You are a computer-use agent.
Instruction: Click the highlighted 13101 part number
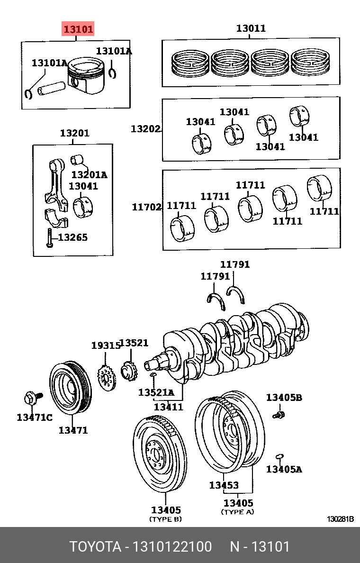79,29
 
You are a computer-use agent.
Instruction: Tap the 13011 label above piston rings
251,28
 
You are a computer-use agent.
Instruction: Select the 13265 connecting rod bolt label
72,237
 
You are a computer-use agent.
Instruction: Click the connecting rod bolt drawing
49,237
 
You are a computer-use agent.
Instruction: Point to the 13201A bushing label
89,175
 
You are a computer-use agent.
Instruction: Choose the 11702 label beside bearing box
146,207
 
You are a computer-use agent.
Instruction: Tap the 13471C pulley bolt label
35,417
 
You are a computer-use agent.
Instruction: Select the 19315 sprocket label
106,345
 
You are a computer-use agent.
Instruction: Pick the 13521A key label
156,392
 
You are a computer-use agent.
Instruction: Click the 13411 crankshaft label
168,406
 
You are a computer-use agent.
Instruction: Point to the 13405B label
284,397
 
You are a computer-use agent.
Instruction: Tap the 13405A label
284,469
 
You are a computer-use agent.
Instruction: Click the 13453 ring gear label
224,485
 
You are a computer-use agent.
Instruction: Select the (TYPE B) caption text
165,519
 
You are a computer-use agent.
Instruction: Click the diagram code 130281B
340,519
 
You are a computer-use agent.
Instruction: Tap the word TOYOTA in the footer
95,547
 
